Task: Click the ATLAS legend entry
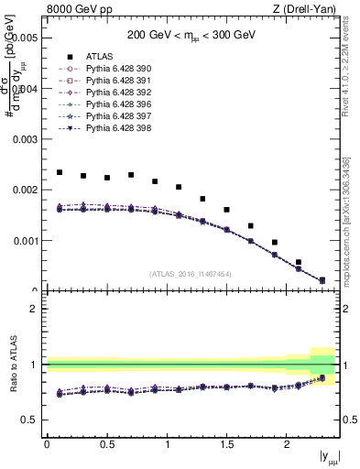tap(102, 56)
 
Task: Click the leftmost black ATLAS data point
tap(60, 172)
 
